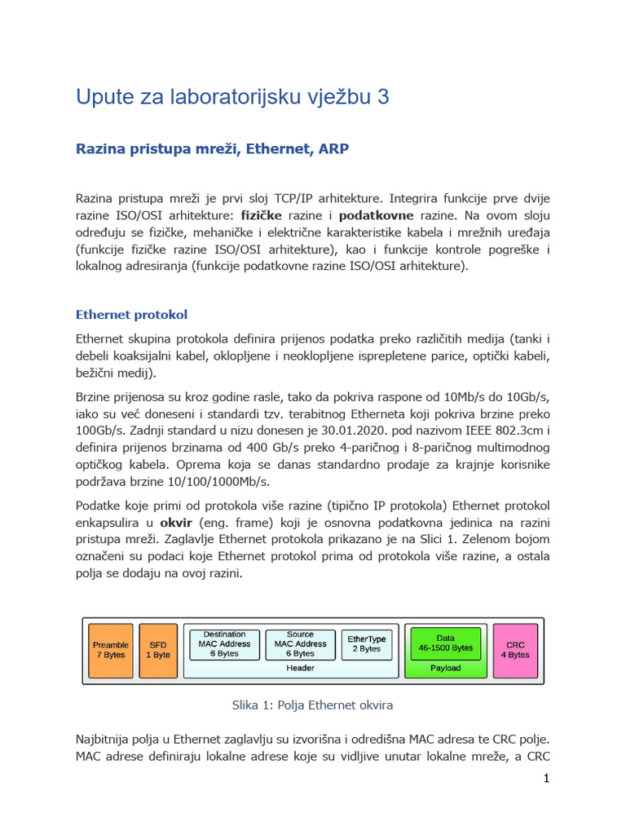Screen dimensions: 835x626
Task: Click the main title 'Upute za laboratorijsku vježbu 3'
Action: pyautogui.click(x=232, y=97)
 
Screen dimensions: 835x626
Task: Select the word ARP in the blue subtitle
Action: pyautogui.click(x=334, y=148)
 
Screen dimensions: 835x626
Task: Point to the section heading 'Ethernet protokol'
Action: pyautogui.click(x=131, y=315)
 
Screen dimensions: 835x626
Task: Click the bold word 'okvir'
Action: pyautogui.click(x=176, y=522)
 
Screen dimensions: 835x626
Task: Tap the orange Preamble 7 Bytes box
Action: pyautogui.click(x=110, y=650)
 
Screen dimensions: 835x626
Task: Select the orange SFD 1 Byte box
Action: pyautogui.click(x=158, y=650)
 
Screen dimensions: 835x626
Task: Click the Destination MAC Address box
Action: pyautogui.click(x=224, y=643)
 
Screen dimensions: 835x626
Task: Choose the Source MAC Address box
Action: pyautogui.click(x=300, y=643)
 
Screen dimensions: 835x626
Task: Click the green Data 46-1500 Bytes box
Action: pyautogui.click(x=445, y=643)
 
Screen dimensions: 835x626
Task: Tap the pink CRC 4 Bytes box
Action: pyautogui.click(x=514, y=650)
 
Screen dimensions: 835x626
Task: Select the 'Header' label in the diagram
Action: pyautogui.click(x=299, y=668)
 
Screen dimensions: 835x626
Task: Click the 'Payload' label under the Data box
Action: pyautogui.click(x=445, y=668)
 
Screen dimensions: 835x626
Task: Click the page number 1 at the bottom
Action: pyautogui.click(x=546, y=779)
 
